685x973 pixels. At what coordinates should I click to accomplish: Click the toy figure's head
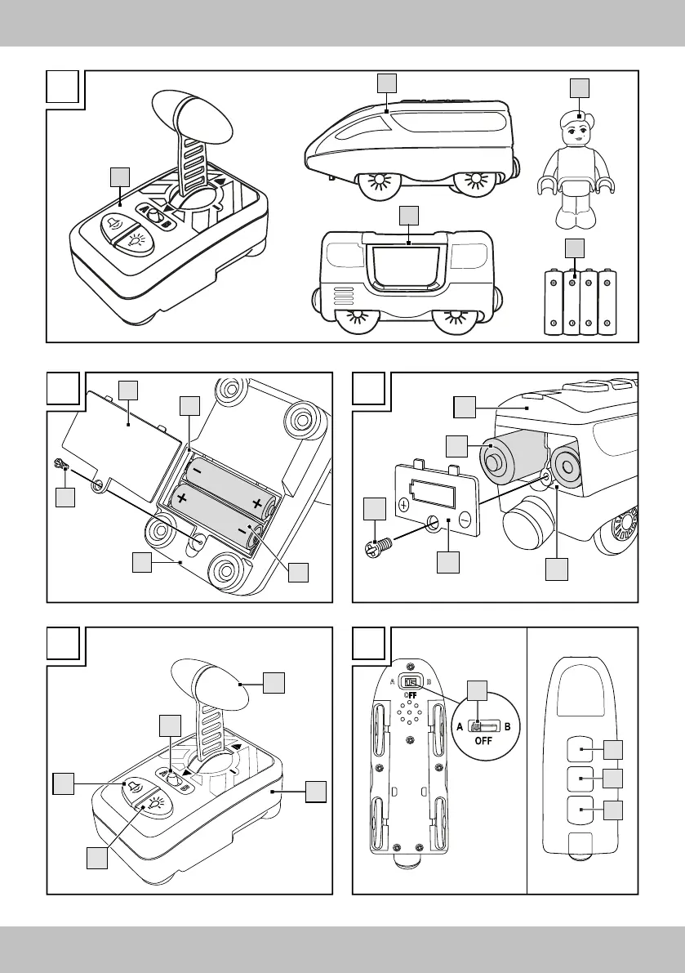(x=578, y=131)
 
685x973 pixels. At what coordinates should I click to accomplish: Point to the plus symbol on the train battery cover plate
(x=405, y=506)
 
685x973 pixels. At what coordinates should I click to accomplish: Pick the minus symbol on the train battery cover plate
(x=465, y=517)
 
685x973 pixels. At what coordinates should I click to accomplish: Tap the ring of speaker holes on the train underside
(x=410, y=716)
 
